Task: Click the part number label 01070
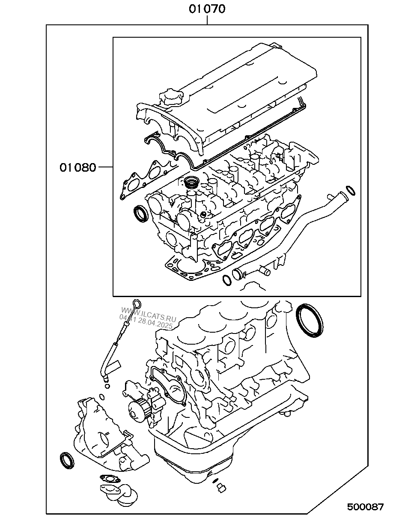coord(207,9)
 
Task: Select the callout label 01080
coord(78,167)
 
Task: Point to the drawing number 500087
coord(365,507)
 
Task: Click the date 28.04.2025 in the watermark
coord(154,323)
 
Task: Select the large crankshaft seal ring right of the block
coord(309,321)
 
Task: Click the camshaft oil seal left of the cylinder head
coord(140,213)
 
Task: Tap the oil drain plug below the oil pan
coord(221,488)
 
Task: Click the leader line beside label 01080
coord(105,167)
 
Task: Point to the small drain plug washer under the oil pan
coord(215,479)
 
